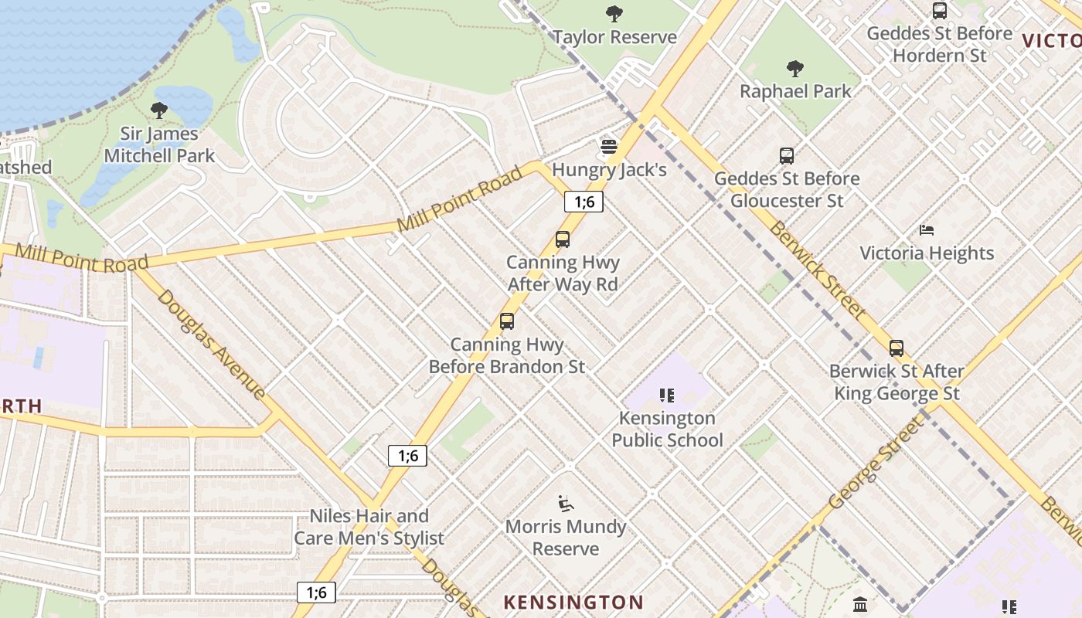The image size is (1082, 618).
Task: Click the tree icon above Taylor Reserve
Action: click(614, 13)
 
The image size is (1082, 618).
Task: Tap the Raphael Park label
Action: click(795, 91)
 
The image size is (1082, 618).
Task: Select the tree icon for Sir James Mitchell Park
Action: click(159, 110)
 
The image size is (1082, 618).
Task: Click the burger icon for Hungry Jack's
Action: click(609, 147)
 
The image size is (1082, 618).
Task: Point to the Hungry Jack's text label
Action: click(609, 170)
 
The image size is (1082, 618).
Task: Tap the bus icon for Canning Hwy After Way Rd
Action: click(563, 239)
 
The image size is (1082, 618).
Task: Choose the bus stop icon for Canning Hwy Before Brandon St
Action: click(507, 321)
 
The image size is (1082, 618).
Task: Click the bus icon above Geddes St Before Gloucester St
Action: click(787, 156)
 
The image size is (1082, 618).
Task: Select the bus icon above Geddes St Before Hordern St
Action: click(940, 11)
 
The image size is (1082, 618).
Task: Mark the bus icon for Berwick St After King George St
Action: click(897, 348)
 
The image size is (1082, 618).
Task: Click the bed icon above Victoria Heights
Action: click(927, 230)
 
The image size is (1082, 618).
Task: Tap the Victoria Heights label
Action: click(927, 253)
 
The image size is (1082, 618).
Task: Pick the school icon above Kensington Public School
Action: click(667, 396)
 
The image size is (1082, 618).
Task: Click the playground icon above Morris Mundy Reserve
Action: click(566, 504)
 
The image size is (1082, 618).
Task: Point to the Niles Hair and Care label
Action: click(369, 527)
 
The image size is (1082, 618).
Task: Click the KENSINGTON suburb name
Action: click(573, 602)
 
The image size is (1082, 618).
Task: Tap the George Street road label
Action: click(876, 463)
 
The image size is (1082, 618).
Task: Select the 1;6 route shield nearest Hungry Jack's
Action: click(584, 202)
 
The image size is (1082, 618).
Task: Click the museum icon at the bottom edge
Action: click(860, 603)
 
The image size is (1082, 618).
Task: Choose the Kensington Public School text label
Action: click(667, 430)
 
